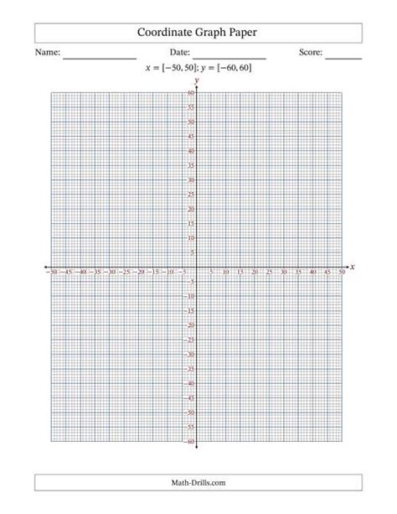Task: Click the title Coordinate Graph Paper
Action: tap(198, 33)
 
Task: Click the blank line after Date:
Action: tap(229, 56)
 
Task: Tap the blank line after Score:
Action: tap(343, 56)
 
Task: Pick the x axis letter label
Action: tap(353, 267)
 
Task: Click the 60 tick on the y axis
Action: tap(191, 93)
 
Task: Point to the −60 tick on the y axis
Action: tap(189, 442)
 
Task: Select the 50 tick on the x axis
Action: tap(342, 273)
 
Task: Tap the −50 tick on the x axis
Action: tap(52, 273)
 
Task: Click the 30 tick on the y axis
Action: tap(191, 180)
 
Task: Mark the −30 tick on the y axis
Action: tap(189, 355)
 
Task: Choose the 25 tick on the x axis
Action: tap(270, 273)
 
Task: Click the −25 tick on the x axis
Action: tap(124, 273)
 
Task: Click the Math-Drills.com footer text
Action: tap(198, 482)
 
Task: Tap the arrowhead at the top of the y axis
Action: tap(197, 86)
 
